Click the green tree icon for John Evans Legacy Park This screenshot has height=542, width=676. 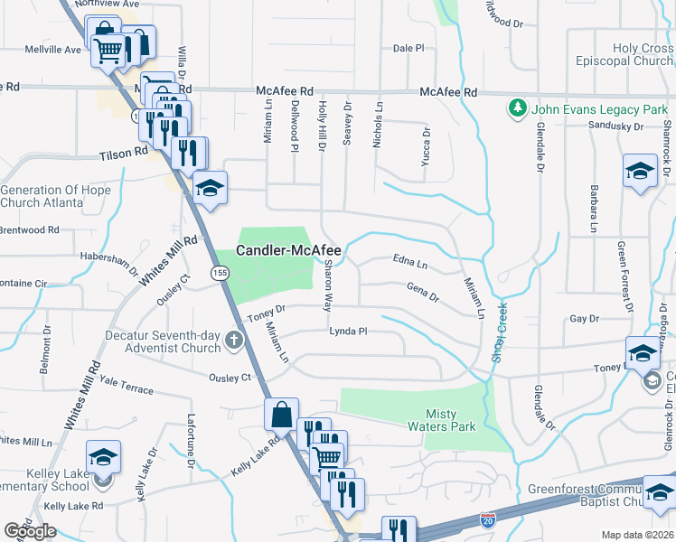coord(517,109)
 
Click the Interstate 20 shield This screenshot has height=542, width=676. coord(487,520)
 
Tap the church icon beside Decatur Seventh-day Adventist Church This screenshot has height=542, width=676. coord(234,341)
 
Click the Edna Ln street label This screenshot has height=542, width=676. coord(409,263)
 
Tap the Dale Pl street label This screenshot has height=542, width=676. coord(408,48)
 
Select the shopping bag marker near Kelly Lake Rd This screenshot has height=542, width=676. coord(281,416)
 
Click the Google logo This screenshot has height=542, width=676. coord(30,531)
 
